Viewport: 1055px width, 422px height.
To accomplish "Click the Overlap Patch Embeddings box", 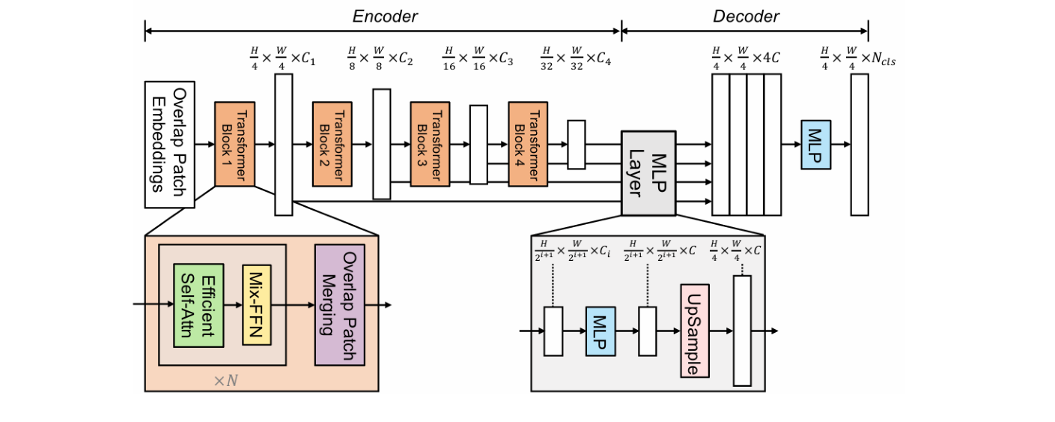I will pyautogui.click(x=169, y=145).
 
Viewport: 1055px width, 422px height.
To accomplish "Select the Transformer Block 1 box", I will pyautogui.click(x=235, y=144).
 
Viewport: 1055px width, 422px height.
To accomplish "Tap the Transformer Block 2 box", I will pyautogui.click(x=332, y=144).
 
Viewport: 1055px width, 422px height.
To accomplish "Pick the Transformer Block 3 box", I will pyautogui.click(x=430, y=144).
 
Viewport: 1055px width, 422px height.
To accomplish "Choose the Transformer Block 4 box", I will pyautogui.click(x=529, y=144).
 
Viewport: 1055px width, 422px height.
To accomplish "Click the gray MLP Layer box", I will pyautogui.click(x=648, y=172).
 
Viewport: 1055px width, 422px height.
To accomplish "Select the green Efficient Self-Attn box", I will pyautogui.click(x=198, y=305).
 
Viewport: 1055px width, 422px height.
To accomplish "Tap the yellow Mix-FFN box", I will pyautogui.click(x=257, y=305).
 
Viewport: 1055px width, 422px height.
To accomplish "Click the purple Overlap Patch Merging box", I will pyautogui.click(x=339, y=305).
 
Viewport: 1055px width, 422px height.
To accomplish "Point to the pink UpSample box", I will pyautogui.click(x=694, y=331).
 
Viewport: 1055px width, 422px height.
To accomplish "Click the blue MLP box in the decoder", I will pyautogui.click(x=815, y=144).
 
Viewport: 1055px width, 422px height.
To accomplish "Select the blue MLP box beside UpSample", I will pyautogui.click(x=600, y=331).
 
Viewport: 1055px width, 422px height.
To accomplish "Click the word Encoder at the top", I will pyautogui.click(x=385, y=16).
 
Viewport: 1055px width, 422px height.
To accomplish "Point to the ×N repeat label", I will pyautogui.click(x=225, y=381).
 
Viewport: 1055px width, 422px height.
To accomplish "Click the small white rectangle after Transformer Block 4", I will pyautogui.click(x=577, y=144).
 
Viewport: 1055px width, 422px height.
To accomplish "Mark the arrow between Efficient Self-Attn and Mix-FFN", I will pyautogui.click(x=233, y=305).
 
